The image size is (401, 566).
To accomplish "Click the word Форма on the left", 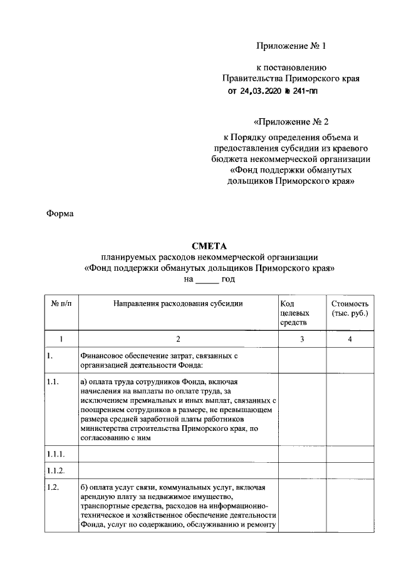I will pos(60,214).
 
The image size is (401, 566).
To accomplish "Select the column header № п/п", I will pos(61,303).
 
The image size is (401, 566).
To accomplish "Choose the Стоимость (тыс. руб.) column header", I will pos(350,308).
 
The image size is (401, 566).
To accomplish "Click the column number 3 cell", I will pos(301,339).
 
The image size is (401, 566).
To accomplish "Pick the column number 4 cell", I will pos(350,339).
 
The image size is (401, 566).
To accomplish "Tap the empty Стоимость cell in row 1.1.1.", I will pos(350,453).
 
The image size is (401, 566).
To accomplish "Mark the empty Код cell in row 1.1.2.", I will pos(301,469).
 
